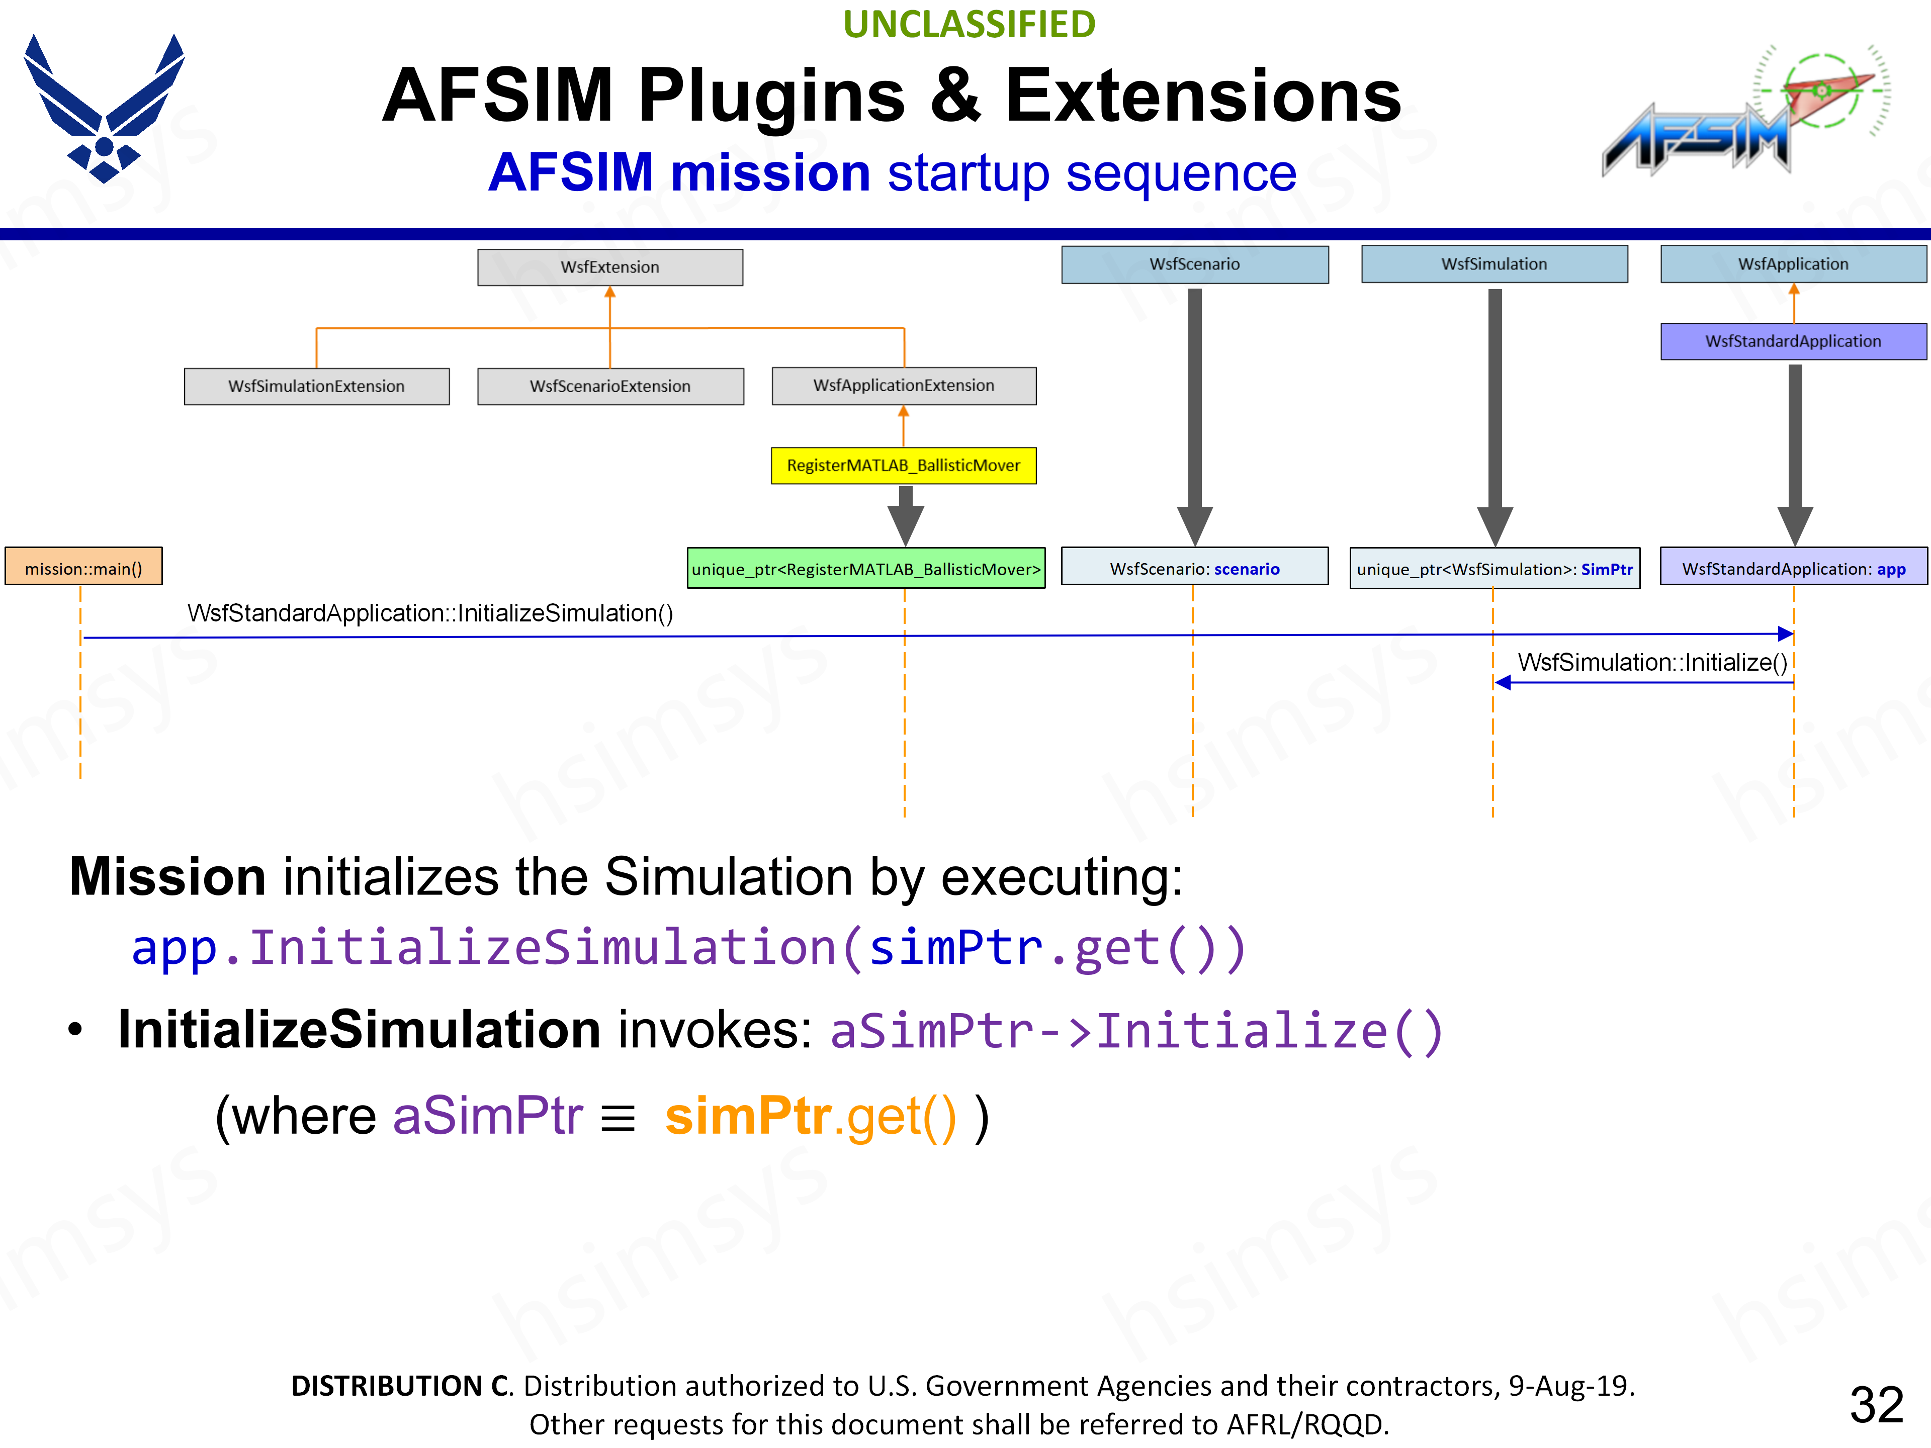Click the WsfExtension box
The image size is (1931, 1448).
pyautogui.click(x=610, y=267)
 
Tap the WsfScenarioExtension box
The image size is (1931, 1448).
pyautogui.click(x=610, y=386)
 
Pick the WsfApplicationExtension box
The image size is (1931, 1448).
pyautogui.click(x=904, y=385)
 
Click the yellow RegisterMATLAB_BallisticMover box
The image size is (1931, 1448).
pyautogui.click(x=904, y=465)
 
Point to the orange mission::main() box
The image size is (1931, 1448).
pyautogui.click(x=84, y=568)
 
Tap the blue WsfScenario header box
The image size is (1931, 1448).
pyautogui.click(x=1194, y=263)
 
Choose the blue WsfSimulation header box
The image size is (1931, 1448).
pyautogui.click(x=1494, y=263)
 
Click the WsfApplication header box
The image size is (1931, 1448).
pyautogui.click(x=1793, y=263)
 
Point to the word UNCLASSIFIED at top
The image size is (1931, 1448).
pyautogui.click(x=969, y=25)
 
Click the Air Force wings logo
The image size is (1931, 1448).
pyautogui.click(x=104, y=108)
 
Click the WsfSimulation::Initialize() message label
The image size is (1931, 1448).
pyautogui.click(x=1651, y=663)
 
